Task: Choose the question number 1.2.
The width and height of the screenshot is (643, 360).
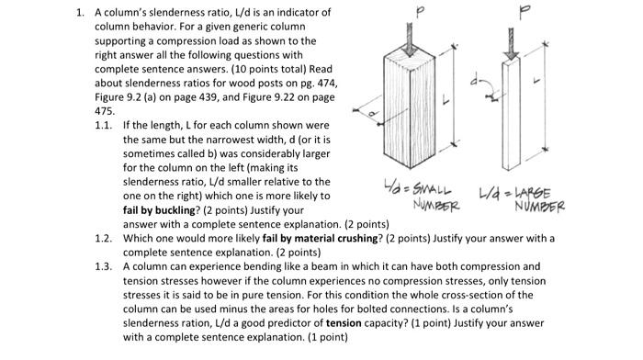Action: [x=107, y=239]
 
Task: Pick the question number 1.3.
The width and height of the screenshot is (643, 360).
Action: [x=107, y=265]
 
